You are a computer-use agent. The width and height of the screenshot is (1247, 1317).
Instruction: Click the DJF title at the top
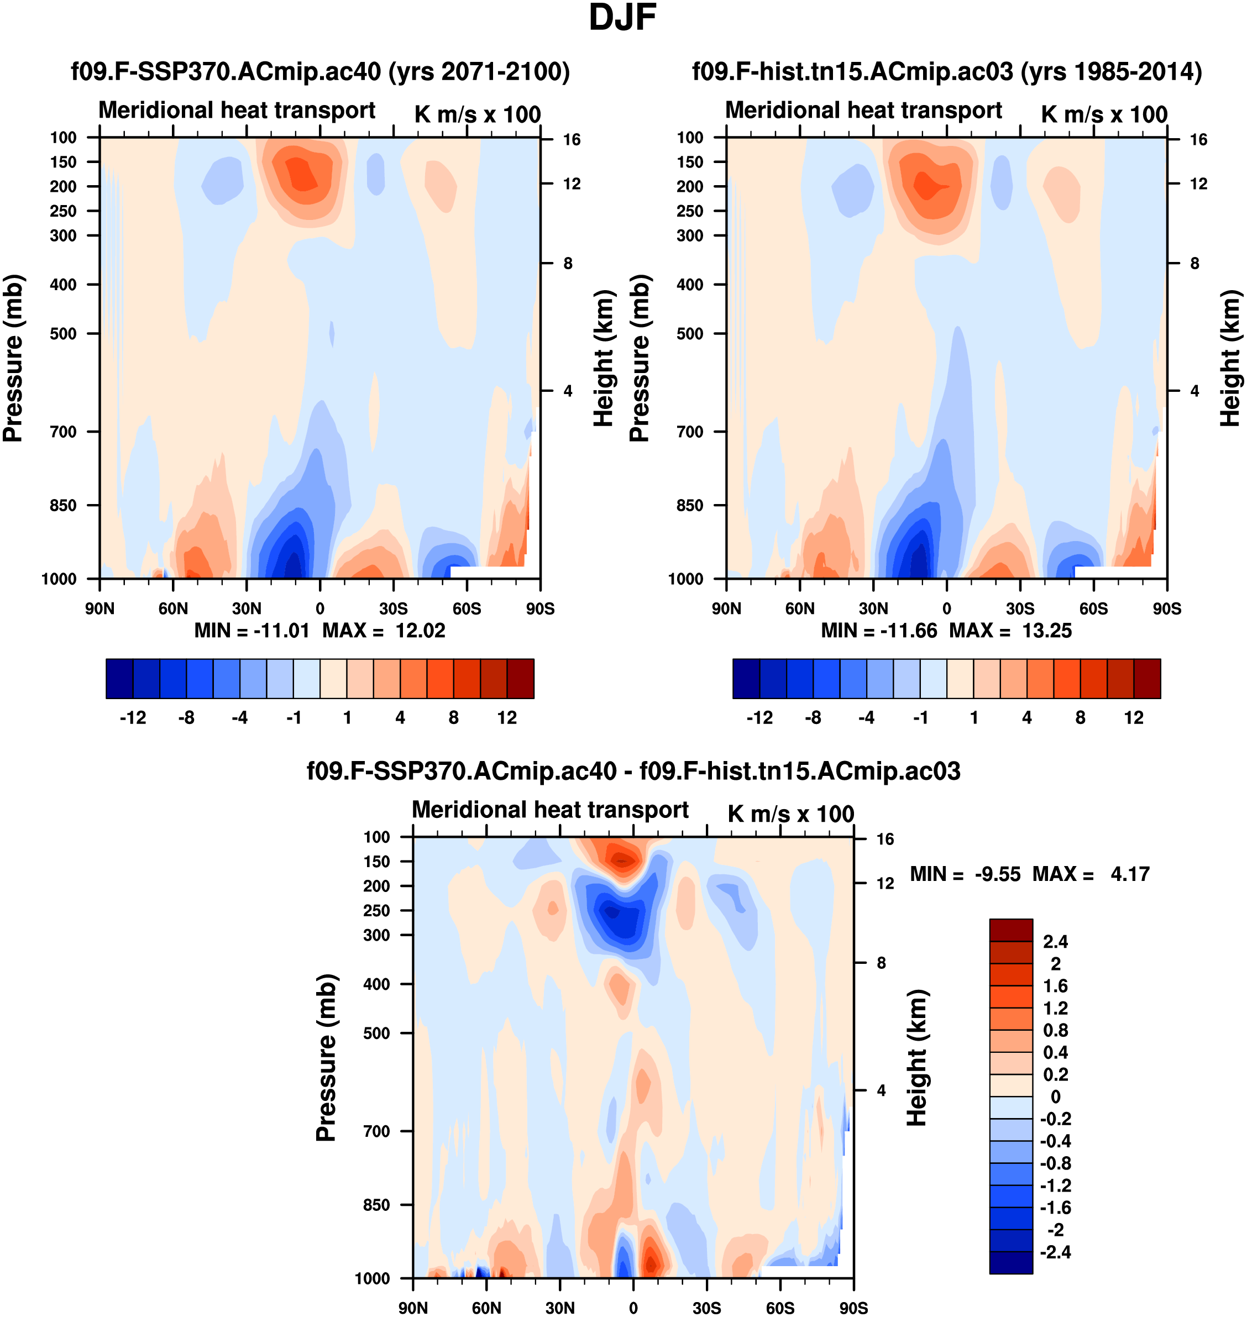tap(622, 18)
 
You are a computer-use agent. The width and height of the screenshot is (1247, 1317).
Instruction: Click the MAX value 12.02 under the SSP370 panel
tap(420, 631)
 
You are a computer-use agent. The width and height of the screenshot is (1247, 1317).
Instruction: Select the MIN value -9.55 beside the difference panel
tap(997, 874)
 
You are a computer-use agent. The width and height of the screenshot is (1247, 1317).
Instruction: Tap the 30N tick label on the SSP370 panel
tap(247, 608)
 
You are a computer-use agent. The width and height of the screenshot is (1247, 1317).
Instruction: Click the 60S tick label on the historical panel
tap(1093, 608)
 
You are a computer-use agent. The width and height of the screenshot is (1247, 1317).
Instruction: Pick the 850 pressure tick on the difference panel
tap(376, 1205)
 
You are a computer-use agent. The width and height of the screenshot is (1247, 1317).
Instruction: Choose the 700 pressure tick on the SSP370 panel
tap(63, 432)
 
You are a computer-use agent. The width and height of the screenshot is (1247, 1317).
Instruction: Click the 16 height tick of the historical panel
tap(1198, 139)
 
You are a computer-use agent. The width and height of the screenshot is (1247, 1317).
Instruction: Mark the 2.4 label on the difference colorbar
tap(1056, 942)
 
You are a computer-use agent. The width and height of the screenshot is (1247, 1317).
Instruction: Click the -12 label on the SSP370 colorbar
tap(133, 718)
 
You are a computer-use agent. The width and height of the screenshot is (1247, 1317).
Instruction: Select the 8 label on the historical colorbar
tap(1080, 718)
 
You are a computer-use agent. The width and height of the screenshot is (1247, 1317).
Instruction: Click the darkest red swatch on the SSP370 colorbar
tap(521, 679)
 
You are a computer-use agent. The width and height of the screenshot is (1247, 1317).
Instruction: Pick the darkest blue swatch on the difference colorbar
tap(1011, 1262)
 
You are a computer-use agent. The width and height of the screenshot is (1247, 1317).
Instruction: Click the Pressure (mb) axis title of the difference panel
tap(326, 1057)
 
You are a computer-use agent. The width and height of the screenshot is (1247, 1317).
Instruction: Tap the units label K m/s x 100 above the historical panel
tap(1104, 114)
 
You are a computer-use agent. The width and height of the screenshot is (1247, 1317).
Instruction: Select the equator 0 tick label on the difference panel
tap(633, 1308)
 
